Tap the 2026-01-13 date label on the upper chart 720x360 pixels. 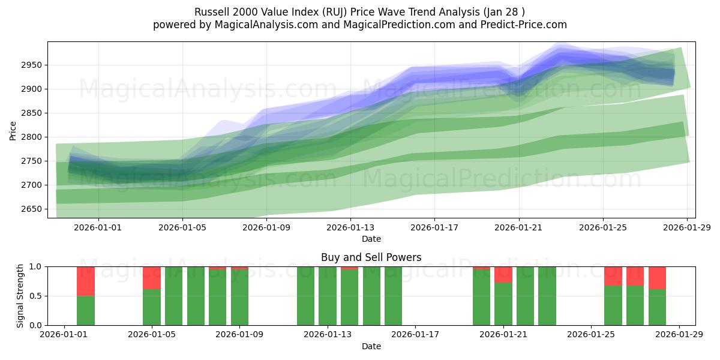pos(350,227)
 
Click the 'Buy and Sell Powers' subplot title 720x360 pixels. pos(371,257)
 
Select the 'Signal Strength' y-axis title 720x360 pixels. pos(20,295)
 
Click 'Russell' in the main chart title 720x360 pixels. pos(212,12)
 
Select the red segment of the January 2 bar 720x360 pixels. pos(86,281)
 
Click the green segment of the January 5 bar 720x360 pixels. pos(152,307)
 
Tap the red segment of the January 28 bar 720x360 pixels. pos(657,278)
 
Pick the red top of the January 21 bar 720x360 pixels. pos(503,274)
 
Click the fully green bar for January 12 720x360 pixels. pos(305,296)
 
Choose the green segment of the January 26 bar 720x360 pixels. pos(613,305)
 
